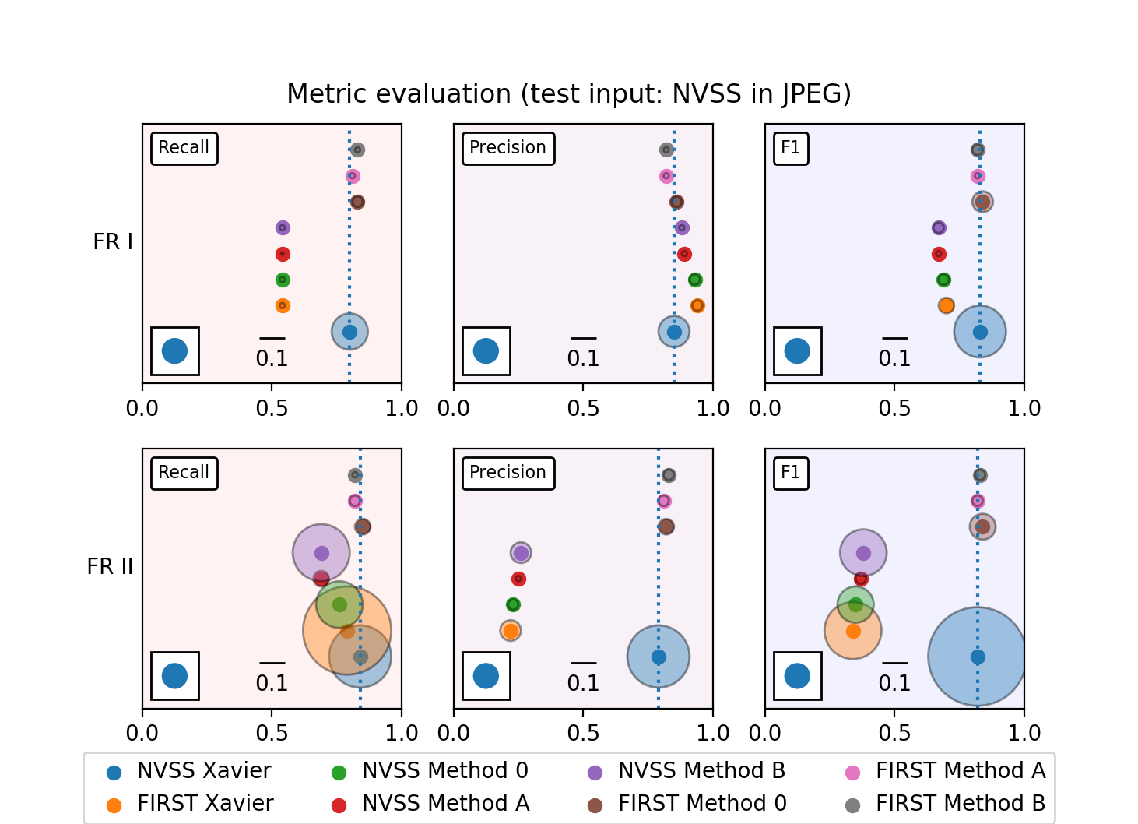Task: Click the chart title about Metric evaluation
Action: point(569,94)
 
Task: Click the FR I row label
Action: point(113,242)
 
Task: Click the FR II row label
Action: point(110,566)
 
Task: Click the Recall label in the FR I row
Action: point(184,148)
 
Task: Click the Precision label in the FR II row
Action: point(508,473)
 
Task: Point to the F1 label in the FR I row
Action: point(790,148)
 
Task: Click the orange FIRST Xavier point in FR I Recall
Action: point(283,306)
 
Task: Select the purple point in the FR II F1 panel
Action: point(863,553)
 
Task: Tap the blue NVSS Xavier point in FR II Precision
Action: point(659,657)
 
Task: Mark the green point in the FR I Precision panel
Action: point(695,280)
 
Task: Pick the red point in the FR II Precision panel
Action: point(518,579)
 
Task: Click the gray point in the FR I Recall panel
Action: point(357,150)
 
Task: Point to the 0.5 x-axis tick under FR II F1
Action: point(894,733)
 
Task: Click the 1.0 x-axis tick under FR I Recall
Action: point(402,408)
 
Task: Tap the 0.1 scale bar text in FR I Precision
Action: point(583,358)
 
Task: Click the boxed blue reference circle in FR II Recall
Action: point(174,676)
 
